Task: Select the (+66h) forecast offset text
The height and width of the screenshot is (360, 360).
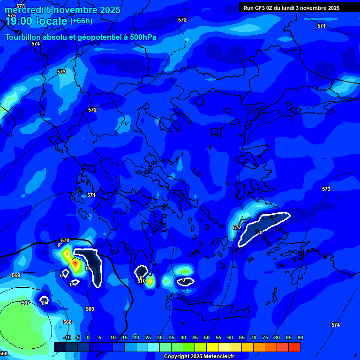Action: [81, 21]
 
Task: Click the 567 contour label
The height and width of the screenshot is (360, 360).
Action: [26, 303]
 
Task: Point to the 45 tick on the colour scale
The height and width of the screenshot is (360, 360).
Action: [195, 337]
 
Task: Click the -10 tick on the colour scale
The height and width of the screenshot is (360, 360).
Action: [67, 337]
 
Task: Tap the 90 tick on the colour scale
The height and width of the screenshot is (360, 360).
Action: [300, 337]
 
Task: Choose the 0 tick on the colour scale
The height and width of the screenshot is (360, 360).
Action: [88, 337]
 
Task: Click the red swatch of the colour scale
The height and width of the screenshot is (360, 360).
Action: [294, 347]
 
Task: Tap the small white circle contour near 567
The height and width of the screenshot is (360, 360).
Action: [44, 300]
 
